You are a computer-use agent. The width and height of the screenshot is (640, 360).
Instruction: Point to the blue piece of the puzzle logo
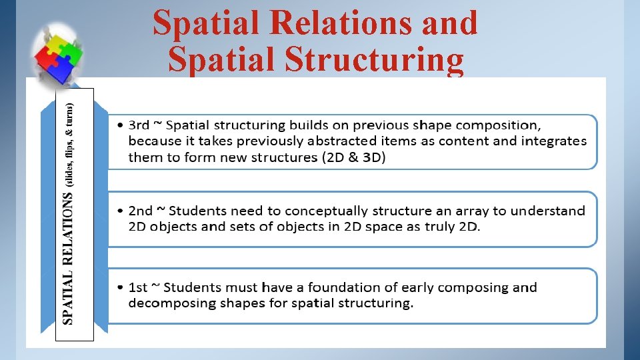(x=63, y=68)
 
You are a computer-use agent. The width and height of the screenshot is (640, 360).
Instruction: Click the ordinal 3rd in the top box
(x=139, y=125)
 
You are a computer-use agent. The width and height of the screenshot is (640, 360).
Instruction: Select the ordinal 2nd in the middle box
(x=140, y=211)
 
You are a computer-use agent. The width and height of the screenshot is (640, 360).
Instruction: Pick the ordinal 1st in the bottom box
(x=138, y=287)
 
